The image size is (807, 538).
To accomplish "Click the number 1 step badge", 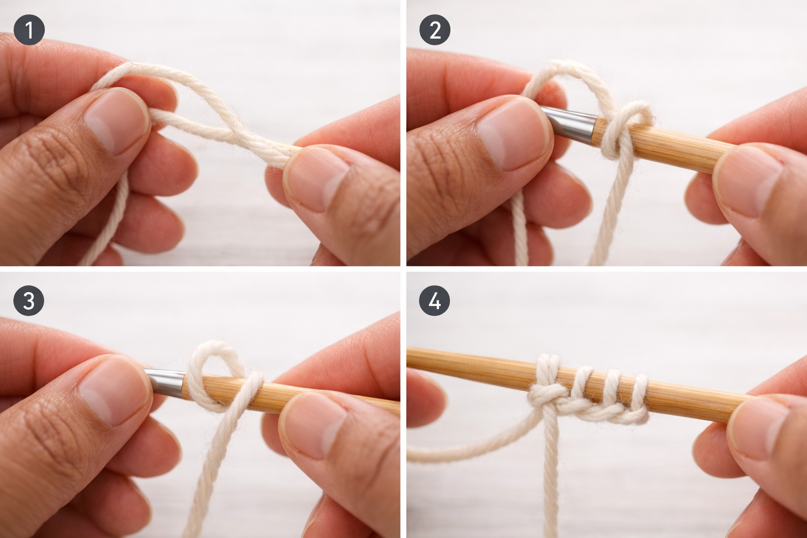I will click(x=29, y=30).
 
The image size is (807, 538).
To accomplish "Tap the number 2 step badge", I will click(x=434, y=30).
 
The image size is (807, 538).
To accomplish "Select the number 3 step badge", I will click(x=29, y=301).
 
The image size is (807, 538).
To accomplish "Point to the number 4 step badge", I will click(x=434, y=301).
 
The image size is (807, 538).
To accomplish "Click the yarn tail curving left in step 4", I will click(x=462, y=452).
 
